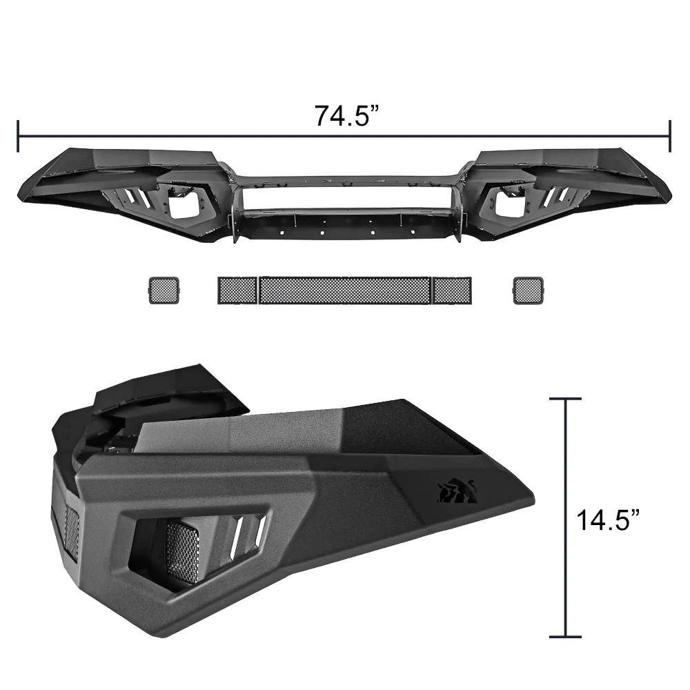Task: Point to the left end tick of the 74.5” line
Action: click(x=18, y=135)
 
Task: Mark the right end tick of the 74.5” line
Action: click(x=669, y=135)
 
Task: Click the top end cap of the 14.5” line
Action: click(x=565, y=399)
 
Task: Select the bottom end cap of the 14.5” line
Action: click(x=565, y=636)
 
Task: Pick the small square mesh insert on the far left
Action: click(x=164, y=290)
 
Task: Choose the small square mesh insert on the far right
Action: click(x=529, y=290)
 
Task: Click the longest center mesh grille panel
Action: click(x=346, y=290)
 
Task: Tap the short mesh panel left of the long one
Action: click(x=237, y=290)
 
